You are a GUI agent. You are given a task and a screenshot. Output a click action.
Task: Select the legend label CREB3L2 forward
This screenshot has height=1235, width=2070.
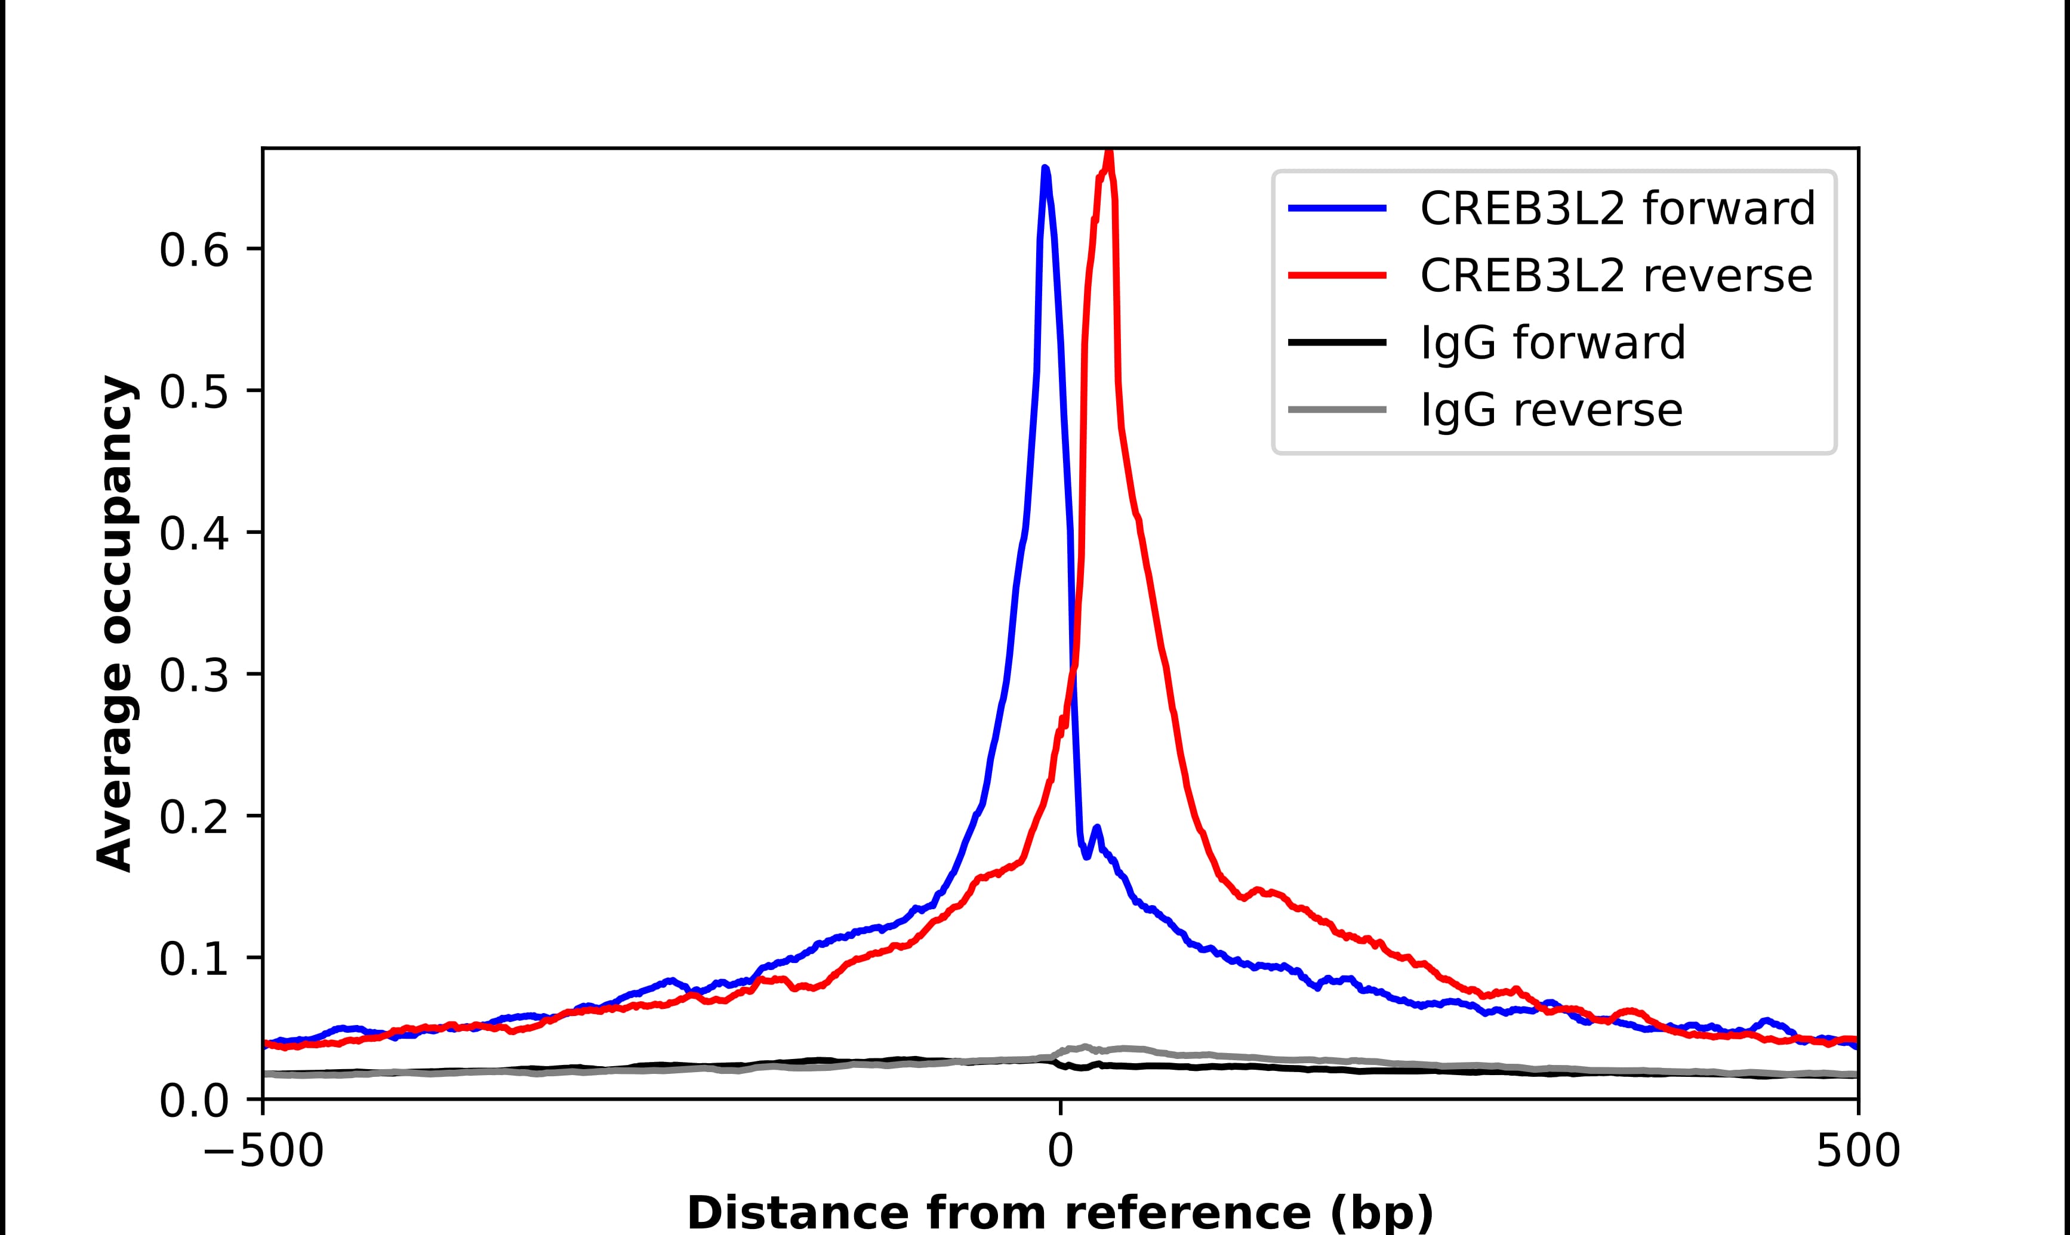point(1617,208)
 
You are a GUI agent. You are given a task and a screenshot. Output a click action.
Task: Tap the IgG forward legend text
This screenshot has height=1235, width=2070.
point(1552,343)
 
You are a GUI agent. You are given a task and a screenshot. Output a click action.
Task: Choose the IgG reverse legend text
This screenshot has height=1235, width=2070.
point(1551,410)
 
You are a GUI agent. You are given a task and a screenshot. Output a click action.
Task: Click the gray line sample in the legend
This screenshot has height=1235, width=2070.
point(1336,409)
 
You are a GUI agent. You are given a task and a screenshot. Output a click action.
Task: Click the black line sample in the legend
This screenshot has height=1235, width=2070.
point(1336,342)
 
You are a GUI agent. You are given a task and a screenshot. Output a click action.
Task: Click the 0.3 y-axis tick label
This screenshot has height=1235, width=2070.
point(193,675)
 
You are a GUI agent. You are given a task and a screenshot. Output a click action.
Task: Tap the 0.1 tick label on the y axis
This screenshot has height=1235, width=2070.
point(193,959)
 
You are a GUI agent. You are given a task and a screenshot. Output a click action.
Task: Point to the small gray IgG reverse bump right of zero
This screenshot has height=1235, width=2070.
point(1084,1047)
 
